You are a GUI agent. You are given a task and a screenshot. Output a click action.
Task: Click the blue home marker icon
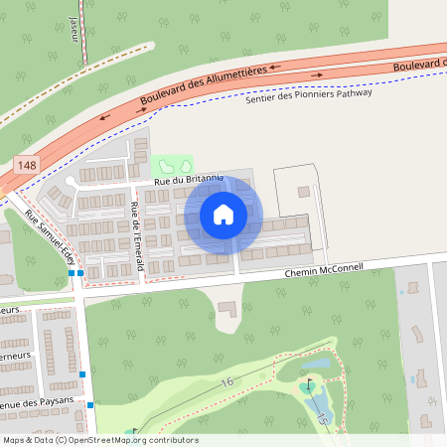(223, 214)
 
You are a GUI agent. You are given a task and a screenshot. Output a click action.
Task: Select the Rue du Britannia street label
(188, 180)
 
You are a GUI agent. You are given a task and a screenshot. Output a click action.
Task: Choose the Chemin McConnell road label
(324, 269)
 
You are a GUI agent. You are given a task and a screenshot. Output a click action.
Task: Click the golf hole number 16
(227, 381)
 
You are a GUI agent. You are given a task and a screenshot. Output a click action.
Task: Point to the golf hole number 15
(323, 418)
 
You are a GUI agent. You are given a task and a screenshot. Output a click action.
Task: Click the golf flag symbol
(309, 382)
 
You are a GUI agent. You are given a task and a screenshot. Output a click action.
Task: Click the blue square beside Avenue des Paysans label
(89, 405)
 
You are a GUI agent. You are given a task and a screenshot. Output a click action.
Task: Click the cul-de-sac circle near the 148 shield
(71, 185)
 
